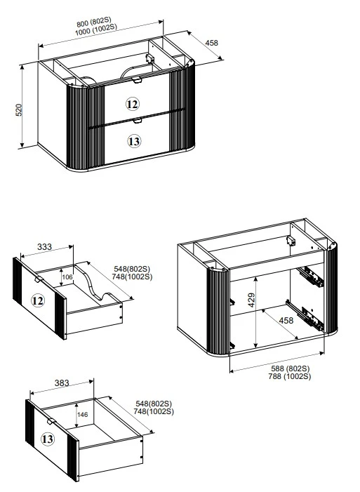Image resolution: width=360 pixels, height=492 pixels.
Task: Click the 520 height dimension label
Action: [19, 109]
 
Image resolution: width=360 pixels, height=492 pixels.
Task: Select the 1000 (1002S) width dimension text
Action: [95, 29]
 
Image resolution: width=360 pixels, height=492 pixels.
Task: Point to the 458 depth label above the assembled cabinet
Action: [211, 43]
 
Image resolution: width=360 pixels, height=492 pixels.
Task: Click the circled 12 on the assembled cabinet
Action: [133, 104]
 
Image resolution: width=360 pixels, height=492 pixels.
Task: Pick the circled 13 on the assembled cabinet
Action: [134, 141]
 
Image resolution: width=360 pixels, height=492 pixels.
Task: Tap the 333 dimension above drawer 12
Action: [45, 247]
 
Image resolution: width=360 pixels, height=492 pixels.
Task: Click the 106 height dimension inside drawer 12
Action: [67, 277]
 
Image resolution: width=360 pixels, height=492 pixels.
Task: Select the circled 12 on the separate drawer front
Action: [38, 301]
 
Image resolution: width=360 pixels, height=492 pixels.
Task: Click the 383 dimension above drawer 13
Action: [62, 383]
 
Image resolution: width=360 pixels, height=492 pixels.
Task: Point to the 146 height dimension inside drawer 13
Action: [82, 415]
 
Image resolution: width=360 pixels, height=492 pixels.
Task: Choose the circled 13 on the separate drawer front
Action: [48, 439]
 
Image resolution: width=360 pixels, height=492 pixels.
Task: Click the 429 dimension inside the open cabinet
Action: [251, 300]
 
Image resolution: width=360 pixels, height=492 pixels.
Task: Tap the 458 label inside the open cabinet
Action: [286, 320]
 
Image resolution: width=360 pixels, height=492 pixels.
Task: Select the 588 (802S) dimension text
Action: [291, 368]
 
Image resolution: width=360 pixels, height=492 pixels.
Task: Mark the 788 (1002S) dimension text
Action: [290, 376]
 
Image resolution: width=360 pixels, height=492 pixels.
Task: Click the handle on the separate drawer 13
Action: [51, 421]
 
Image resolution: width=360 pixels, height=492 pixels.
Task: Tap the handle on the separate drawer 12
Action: [39, 279]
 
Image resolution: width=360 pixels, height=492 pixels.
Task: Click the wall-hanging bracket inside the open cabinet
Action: [291, 241]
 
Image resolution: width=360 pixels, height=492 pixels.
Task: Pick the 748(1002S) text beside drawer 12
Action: [132, 277]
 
